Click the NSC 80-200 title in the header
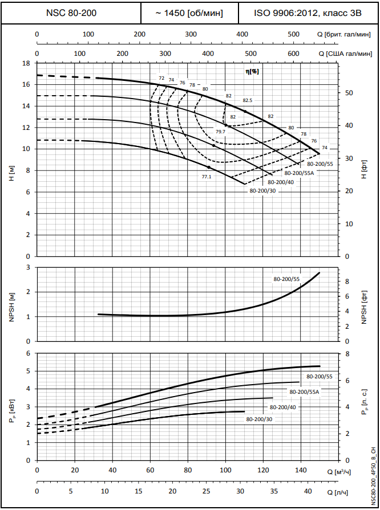point(71,13)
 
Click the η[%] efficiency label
point(252,71)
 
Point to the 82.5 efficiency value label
point(248,100)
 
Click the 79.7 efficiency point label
point(220,132)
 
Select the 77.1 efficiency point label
point(207,177)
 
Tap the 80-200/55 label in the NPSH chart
point(286,279)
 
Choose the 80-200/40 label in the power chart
point(282,407)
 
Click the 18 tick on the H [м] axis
point(26,63)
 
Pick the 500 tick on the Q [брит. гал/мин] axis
point(293,34)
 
